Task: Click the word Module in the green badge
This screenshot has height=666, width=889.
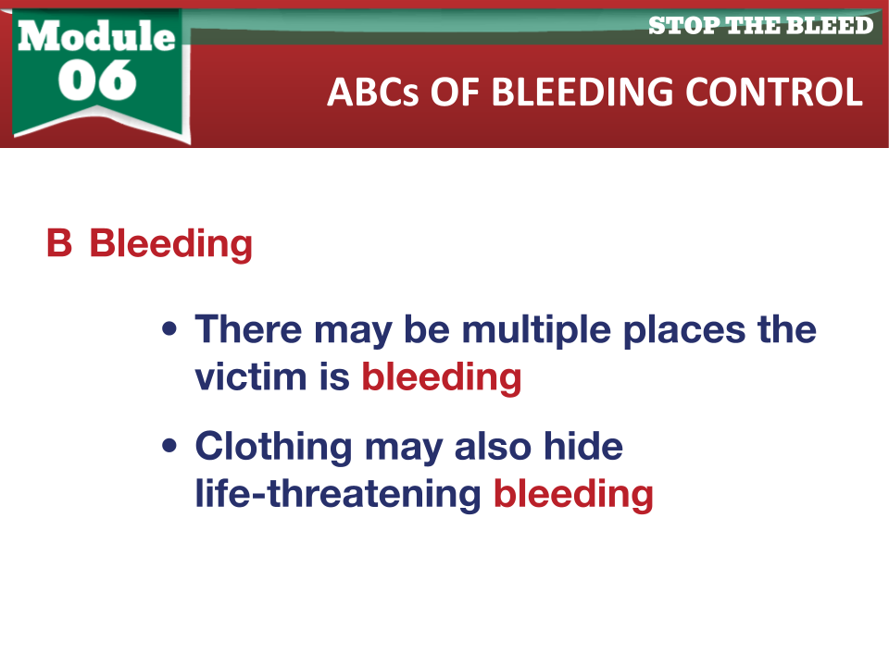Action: coord(96,36)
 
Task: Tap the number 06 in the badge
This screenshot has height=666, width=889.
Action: coord(97,80)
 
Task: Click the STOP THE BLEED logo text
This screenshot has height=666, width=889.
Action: coord(761,26)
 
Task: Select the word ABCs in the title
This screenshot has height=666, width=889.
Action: coord(373,92)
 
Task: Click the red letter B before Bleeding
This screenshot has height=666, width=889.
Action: coord(59,243)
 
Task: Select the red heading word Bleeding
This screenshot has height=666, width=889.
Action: coord(170,244)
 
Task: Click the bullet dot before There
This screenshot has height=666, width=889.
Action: coord(169,329)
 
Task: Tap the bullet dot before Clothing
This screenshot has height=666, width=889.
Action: coord(169,446)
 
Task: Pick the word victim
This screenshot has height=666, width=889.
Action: coord(251,376)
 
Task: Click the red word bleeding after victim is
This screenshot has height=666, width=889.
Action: coord(442,376)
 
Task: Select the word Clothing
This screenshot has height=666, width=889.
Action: coord(273,448)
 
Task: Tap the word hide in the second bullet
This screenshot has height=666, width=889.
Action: coord(583,446)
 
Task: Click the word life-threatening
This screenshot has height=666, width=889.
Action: coord(338,494)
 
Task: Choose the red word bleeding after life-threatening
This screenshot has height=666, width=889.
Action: coord(574,494)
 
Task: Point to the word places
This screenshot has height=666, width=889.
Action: coord(684,330)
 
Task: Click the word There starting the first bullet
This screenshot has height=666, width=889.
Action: coord(248,329)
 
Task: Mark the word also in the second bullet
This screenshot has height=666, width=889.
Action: coord(493,446)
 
